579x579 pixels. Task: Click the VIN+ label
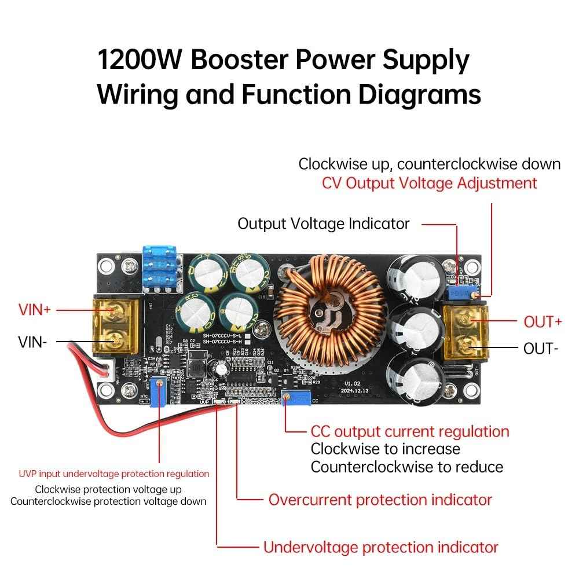tap(34, 310)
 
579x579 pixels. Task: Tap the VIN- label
tap(32, 342)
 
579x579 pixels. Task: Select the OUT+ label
tap(543, 321)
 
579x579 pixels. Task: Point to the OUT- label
tap(541, 349)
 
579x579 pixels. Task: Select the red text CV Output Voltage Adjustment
tap(429, 184)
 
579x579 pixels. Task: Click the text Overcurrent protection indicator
tap(380, 500)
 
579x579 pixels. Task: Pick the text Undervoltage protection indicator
tap(380, 547)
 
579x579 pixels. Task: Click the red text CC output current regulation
tap(410, 431)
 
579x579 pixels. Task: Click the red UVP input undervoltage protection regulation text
tap(113, 474)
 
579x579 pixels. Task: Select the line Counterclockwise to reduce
tap(406, 467)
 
